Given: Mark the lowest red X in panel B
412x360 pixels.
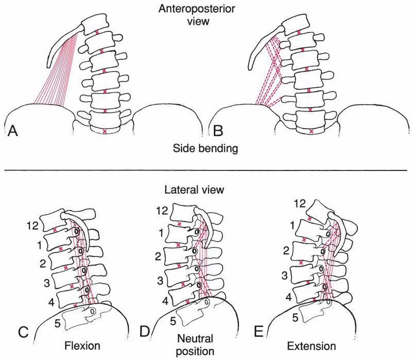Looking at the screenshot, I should [x=312, y=131].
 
